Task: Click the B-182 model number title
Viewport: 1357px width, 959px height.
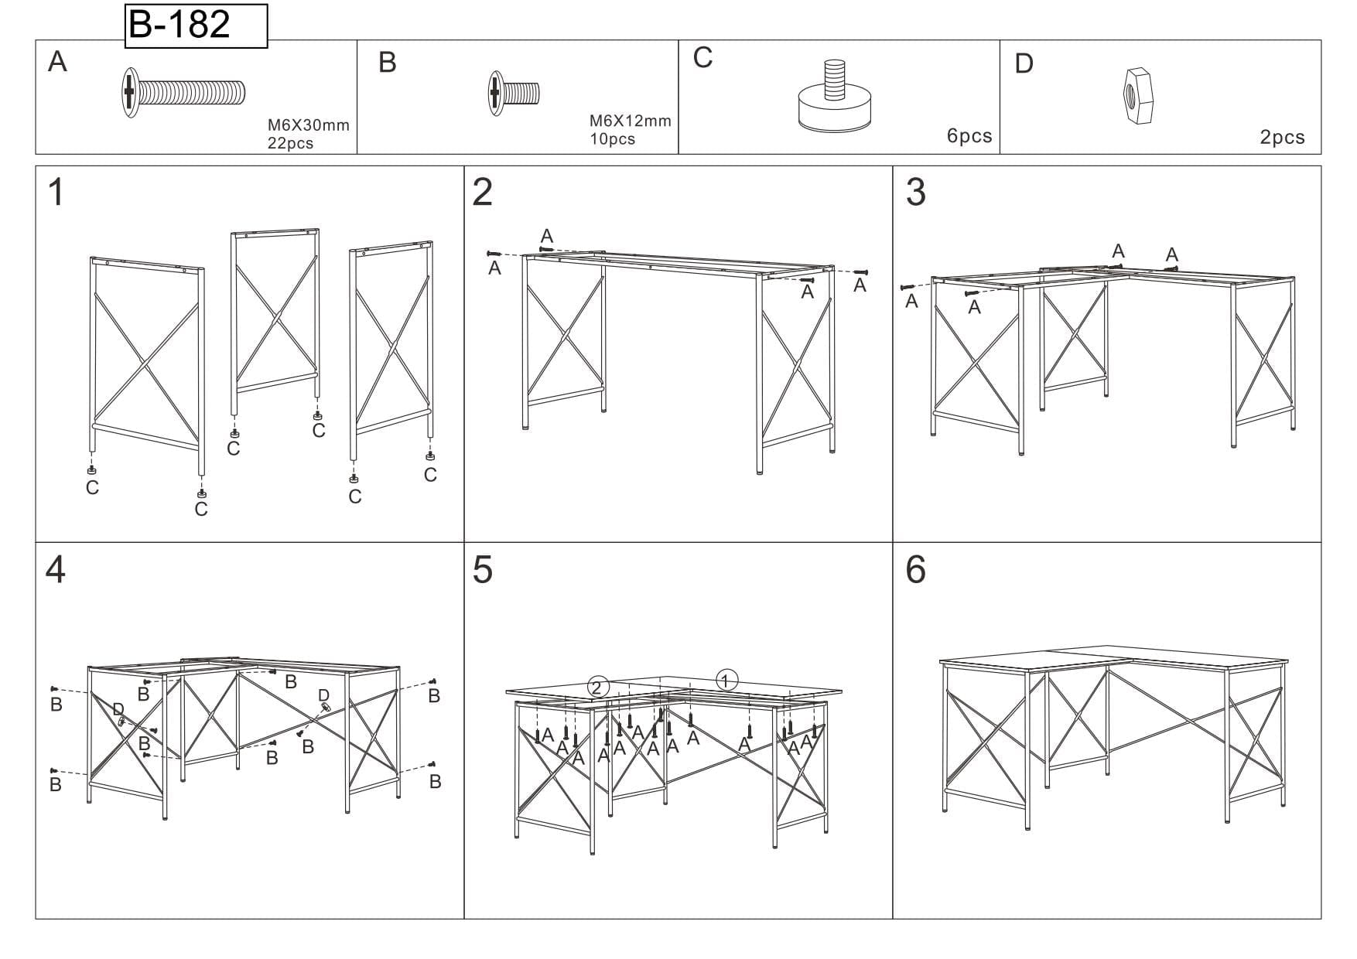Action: pyautogui.click(x=179, y=24)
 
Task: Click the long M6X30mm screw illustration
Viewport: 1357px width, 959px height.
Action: pyautogui.click(x=183, y=92)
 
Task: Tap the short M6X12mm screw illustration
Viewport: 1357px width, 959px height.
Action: pyautogui.click(x=514, y=94)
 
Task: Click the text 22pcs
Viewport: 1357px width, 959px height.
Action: pyautogui.click(x=290, y=143)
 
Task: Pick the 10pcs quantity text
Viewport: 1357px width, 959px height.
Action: pyautogui.click(x=612, y=139)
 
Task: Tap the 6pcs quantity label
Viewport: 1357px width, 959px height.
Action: pyautogui.click(x=969, y=136)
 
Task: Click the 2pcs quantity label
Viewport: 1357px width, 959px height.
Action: pyautogui.click(x=1282, y=138)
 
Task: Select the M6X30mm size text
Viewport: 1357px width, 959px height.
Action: pyautogui.click(x=309, y=125)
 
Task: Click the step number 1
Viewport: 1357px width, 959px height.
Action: pyautogui.click(x=56, y=192)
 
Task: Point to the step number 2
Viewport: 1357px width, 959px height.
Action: pyautogui.click(x=482, y=192)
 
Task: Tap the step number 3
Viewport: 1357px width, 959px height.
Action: pyautogui.click(x=915, y=192)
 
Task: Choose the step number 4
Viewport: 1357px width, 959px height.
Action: pyautogui.click(x=56, y=570)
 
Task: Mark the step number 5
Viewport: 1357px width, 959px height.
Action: pyautogui.click(x=482, y=570)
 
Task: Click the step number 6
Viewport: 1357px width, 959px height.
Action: pyautogui.click(x=915, y=570)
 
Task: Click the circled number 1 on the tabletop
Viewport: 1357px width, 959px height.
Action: pyautogui.click(x=726, y=681)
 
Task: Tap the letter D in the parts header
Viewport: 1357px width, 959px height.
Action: pyautogui.click(x=1024, y=64)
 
